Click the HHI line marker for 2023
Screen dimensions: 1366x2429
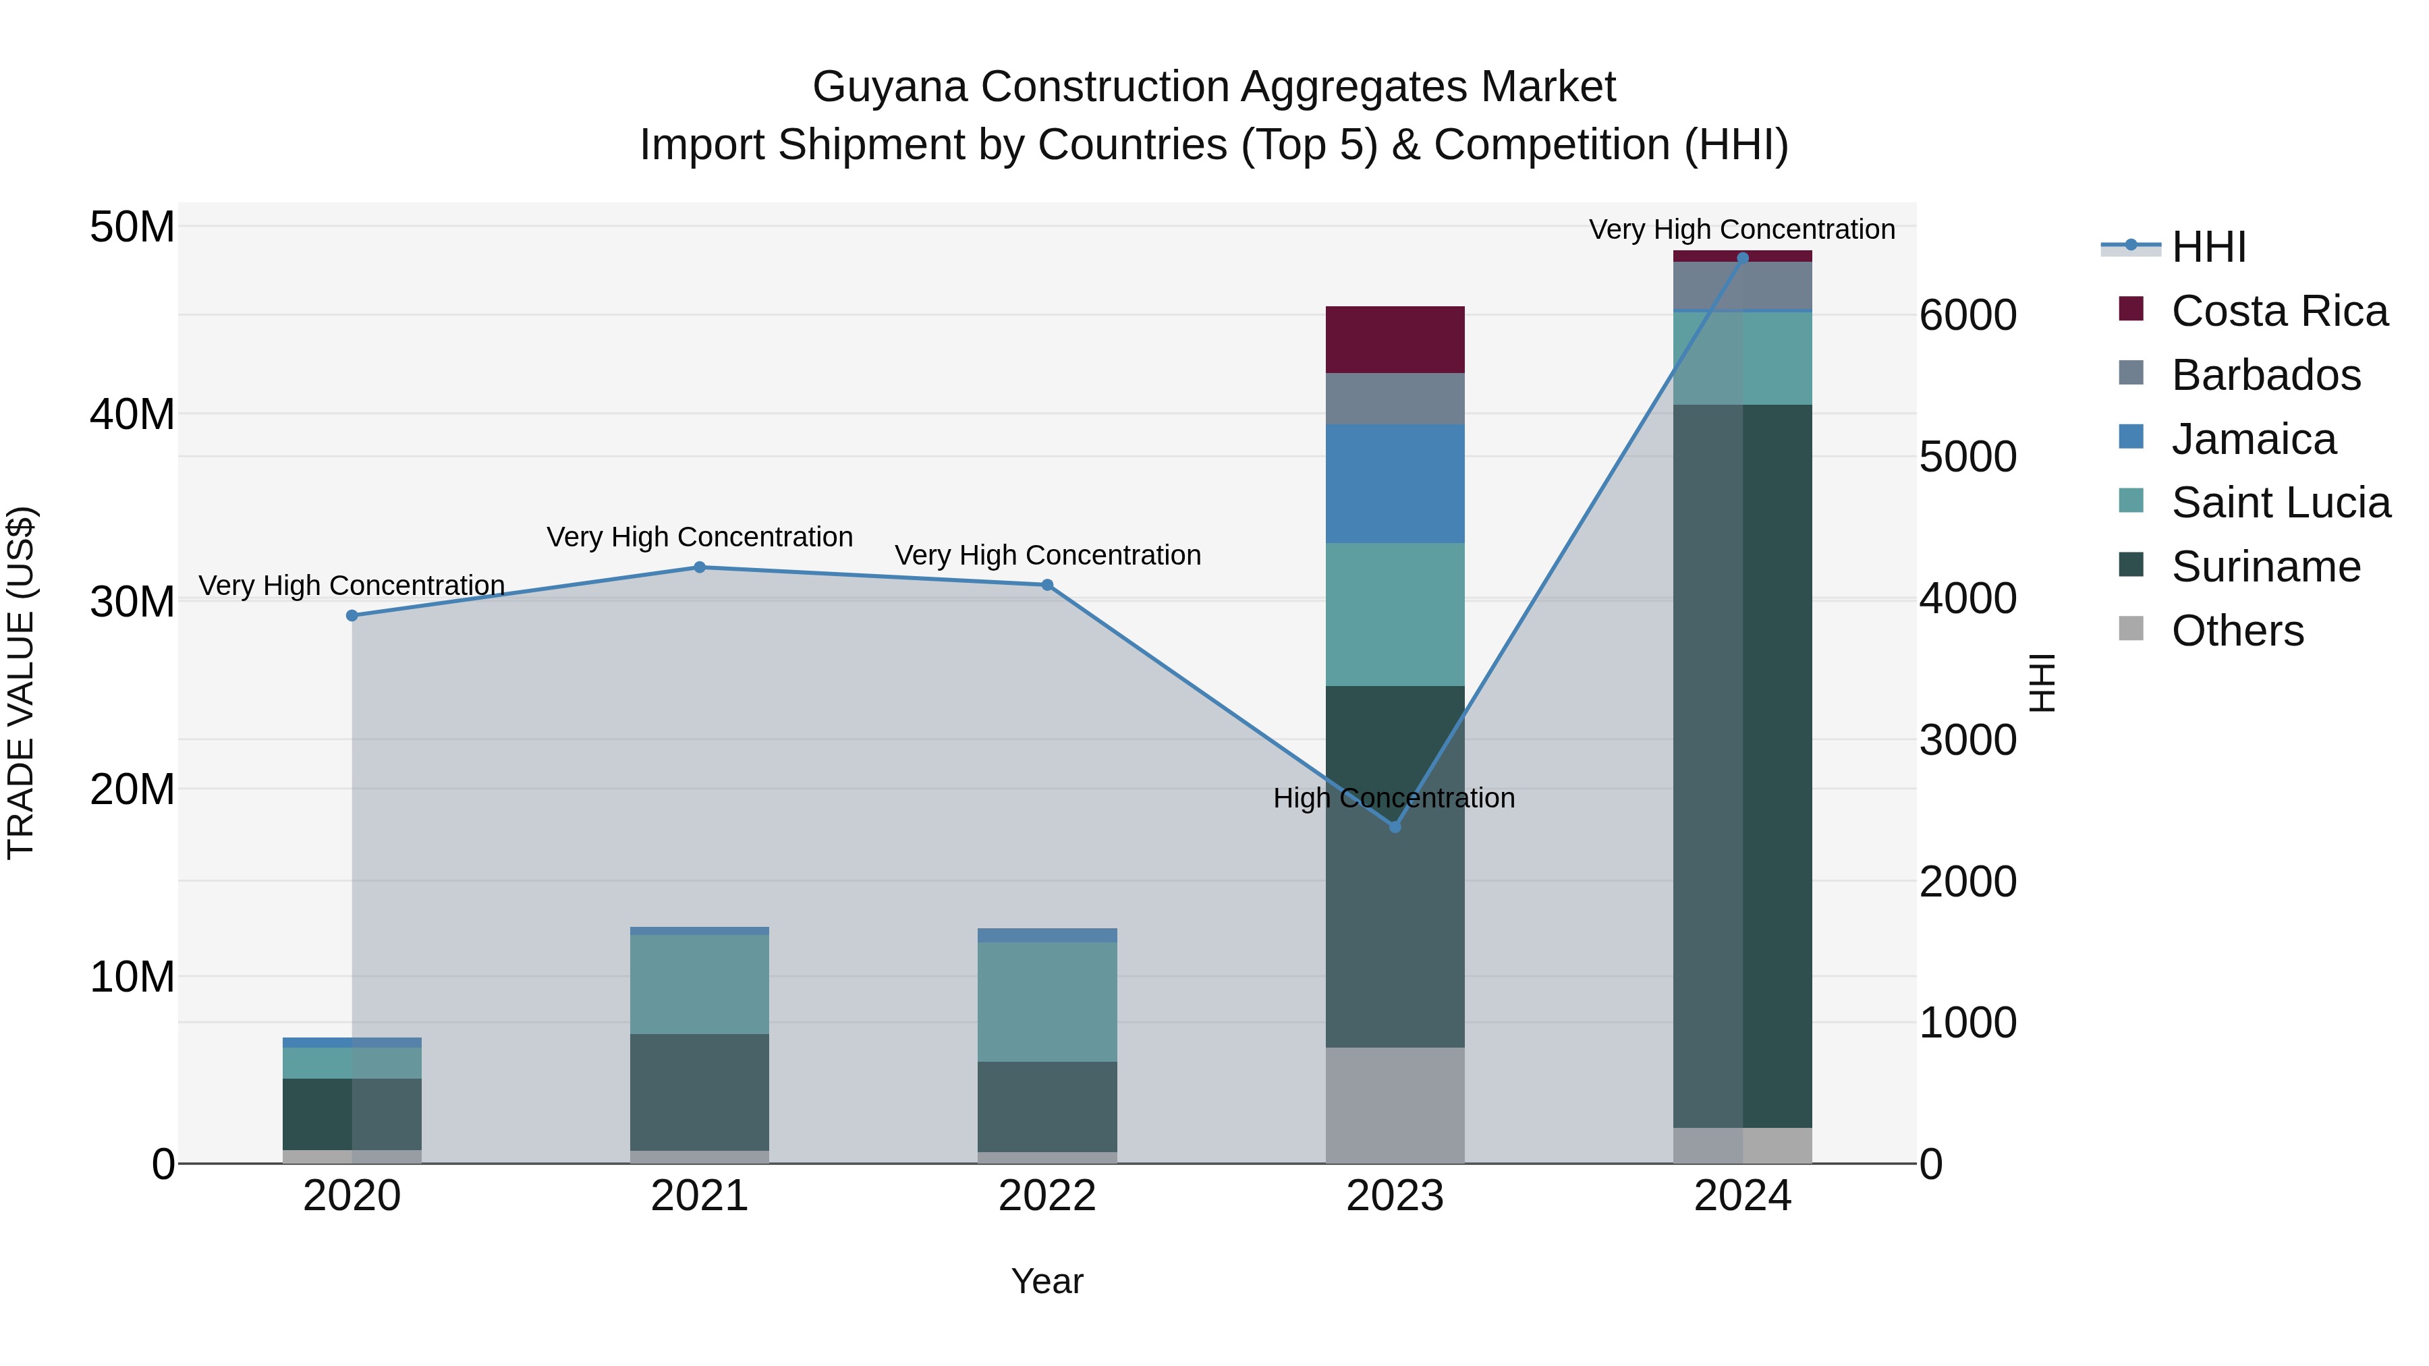point(1395,827)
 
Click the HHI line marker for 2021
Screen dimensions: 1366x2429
point(700,567)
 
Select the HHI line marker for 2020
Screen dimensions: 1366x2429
point(352,616)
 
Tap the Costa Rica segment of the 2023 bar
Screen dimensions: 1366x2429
point(1395,339)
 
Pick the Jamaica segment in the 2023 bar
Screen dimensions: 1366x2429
point(1395,484)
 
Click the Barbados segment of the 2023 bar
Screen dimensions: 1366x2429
point(1395,399)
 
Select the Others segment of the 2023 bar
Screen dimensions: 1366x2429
point(1395,1105)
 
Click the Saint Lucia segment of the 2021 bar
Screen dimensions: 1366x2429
point(700,984)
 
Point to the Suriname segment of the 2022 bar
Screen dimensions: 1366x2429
point(1046,1107)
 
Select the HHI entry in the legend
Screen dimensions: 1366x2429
point(2208,247)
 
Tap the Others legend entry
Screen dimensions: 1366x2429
point(2237,631)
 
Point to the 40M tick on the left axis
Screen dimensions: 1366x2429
point(132,414)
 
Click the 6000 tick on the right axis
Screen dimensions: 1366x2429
point(1968,315)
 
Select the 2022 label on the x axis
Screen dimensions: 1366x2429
point(1046,1196)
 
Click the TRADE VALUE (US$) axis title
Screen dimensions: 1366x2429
point(21,683)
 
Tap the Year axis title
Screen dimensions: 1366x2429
point(1046,1281)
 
